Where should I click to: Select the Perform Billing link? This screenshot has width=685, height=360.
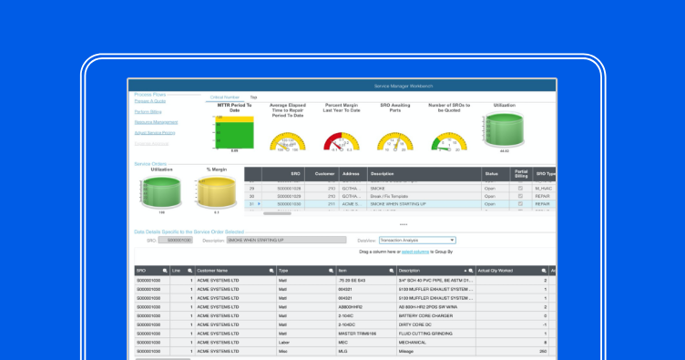(x=148, y=111)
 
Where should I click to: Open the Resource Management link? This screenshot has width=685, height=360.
(x=156, y=122)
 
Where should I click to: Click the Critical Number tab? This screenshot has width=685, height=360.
(x=225, y=97)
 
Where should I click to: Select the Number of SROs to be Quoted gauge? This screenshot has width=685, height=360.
(x=449, y=139)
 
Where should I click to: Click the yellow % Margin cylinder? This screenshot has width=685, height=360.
(x=216, y=192)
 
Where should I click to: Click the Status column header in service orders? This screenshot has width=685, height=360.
(x=491, y=173)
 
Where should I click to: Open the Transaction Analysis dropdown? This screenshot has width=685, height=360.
(x=419, y=241)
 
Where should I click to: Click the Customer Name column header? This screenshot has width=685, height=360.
(x=233, y=271)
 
